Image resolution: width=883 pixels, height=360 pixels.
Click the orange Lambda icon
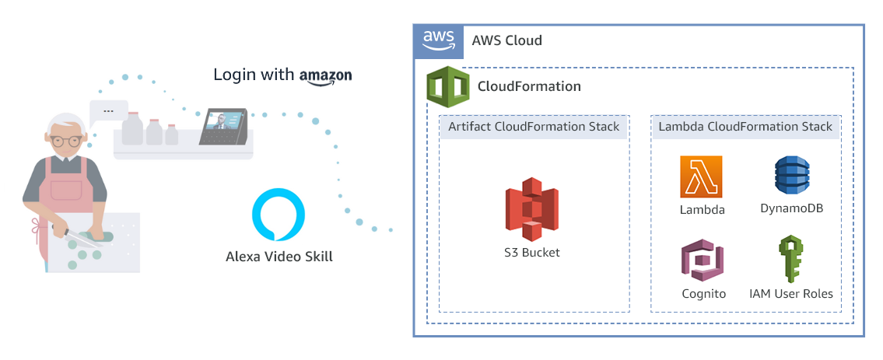(x=701, y=177)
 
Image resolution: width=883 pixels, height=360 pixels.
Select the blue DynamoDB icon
(x=791, y=177)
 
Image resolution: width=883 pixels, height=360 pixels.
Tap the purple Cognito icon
(x=702, y=260)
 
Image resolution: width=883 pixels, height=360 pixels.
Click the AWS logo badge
(x=438, y=40)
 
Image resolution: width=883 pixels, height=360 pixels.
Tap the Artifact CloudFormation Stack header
(x=534, y=127)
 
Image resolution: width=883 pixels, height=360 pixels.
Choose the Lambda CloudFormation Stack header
(x=745, y=127)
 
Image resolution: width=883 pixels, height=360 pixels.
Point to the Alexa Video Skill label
(x=279, y=256)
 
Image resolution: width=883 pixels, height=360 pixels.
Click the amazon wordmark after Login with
(x=325, y=75)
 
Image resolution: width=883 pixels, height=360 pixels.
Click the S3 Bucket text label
(x=532, y=253)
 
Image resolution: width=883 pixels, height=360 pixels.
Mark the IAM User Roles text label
(x=790, y=294)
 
